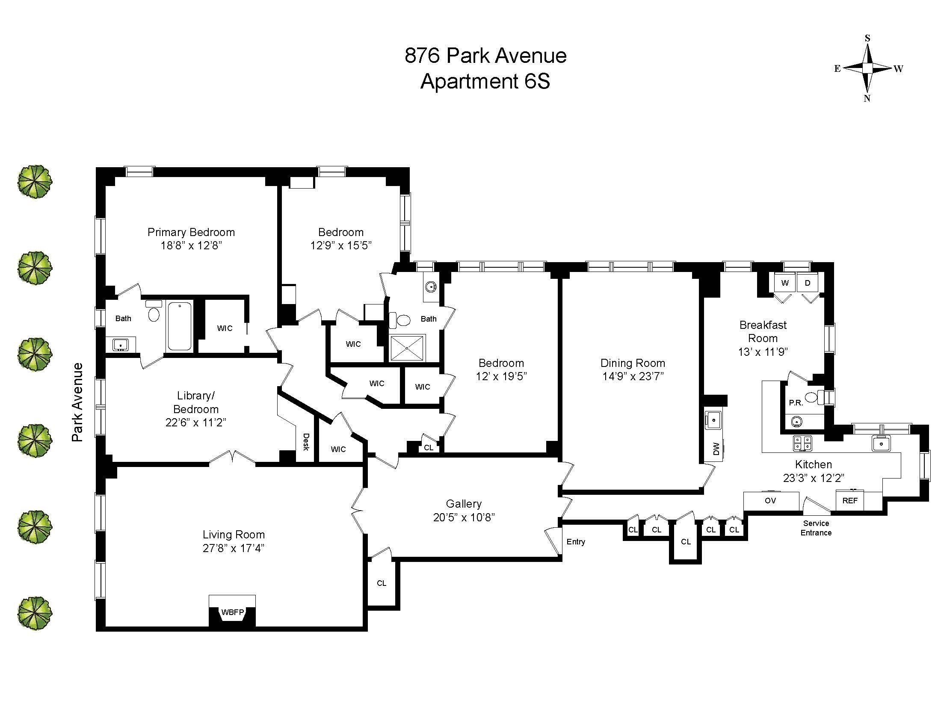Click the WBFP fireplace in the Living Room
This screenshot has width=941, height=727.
tap(232, 611)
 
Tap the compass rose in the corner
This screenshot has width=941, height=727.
tap(867, 68)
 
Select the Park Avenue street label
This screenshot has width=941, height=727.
tap(77, 402)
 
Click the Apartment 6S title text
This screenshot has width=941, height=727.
tap(485, 81)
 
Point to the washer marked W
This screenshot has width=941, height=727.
tap(785, 283)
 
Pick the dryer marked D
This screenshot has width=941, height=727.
tap(808, 283)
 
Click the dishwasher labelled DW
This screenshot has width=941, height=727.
tap(716, 449)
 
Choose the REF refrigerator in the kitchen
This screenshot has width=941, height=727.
tap(849, 500)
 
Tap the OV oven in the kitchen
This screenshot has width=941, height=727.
tap(771, 500)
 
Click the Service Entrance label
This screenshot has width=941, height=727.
tap(816, 528)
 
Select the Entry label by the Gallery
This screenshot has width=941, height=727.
tap(576, 542)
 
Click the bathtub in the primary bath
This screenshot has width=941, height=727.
tap(179, 326)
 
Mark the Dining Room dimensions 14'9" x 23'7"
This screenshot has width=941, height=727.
tap(633, 376)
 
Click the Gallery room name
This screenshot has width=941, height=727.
tap(464, 503)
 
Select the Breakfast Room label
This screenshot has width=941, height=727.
tap(763, 331)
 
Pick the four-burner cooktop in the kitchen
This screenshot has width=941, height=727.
tap(802, 443)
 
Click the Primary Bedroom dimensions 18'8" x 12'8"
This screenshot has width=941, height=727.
tap(191, 245)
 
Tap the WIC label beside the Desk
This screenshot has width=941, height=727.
tap(338, 449)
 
